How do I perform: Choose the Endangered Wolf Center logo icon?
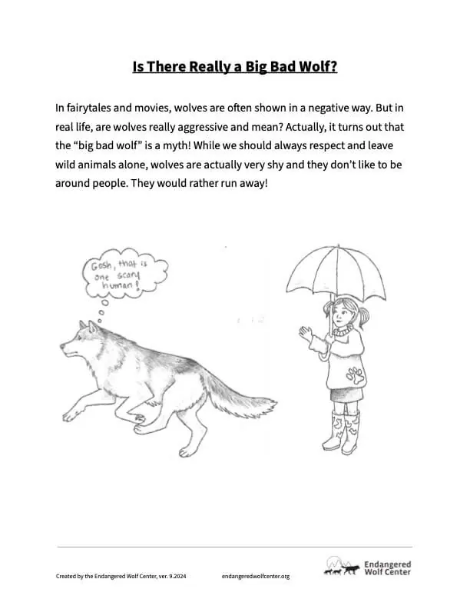(342, 567)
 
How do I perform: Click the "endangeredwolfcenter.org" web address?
(255, 576)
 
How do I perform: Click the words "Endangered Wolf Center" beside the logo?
(389, 567)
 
